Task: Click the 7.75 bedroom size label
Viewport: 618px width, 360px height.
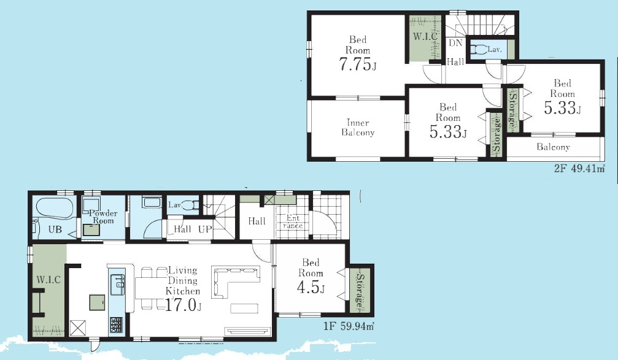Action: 358,64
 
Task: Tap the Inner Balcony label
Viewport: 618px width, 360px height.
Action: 358,127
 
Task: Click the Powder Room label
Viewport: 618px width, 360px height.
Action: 103,216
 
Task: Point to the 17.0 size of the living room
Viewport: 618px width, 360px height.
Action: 183,304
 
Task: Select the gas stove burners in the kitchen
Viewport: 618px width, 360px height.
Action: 116,325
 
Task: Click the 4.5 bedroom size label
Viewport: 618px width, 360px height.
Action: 311,287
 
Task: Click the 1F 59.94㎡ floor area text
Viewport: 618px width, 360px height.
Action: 349,326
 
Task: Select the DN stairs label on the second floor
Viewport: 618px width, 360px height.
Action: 455,43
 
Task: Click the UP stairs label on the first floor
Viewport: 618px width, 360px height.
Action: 205,229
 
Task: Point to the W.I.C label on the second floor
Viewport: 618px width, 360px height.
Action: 425,37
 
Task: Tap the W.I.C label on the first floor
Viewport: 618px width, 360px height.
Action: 48,280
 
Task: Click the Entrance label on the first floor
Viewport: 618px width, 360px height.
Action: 293,222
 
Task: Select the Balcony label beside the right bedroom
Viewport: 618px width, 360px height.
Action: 553,147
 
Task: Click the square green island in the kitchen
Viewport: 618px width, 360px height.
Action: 97,302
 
